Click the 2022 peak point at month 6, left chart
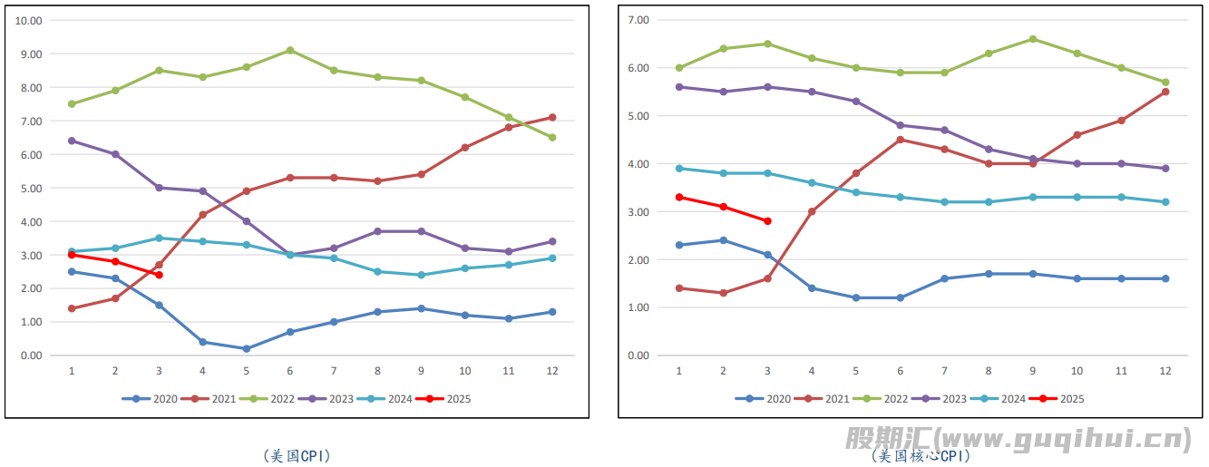pos(289,50)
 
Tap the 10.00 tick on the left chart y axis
pos(30,20)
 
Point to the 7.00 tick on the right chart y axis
pos(639,20)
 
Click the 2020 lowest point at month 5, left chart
pos(246,348)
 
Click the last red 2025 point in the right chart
pos(767,221)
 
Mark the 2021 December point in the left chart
pos(552,117)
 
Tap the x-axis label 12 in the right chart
pos(1165,371)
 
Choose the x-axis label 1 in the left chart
pos(72,371)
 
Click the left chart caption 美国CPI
pos(297,456)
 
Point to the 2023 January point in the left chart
pos(72,141)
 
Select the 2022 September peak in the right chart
pos(1033,39)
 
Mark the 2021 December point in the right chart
pos(1165,92)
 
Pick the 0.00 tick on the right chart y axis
pos(639,355)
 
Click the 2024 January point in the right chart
pos(679,168)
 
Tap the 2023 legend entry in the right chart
pos(942,399)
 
